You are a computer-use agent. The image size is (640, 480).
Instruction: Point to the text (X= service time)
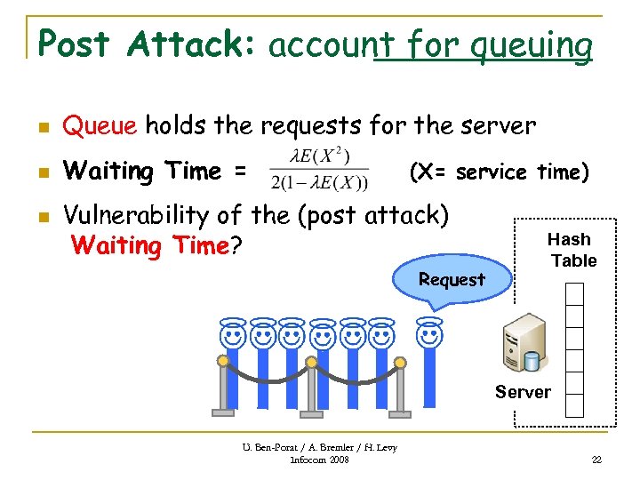(498, 171)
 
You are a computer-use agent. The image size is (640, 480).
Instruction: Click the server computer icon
(524, 348)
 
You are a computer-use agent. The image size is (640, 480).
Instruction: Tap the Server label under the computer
(523, 392)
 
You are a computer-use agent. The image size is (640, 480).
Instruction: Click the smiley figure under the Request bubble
(429, 336)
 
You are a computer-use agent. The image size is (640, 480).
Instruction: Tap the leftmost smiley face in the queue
(233, 336)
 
